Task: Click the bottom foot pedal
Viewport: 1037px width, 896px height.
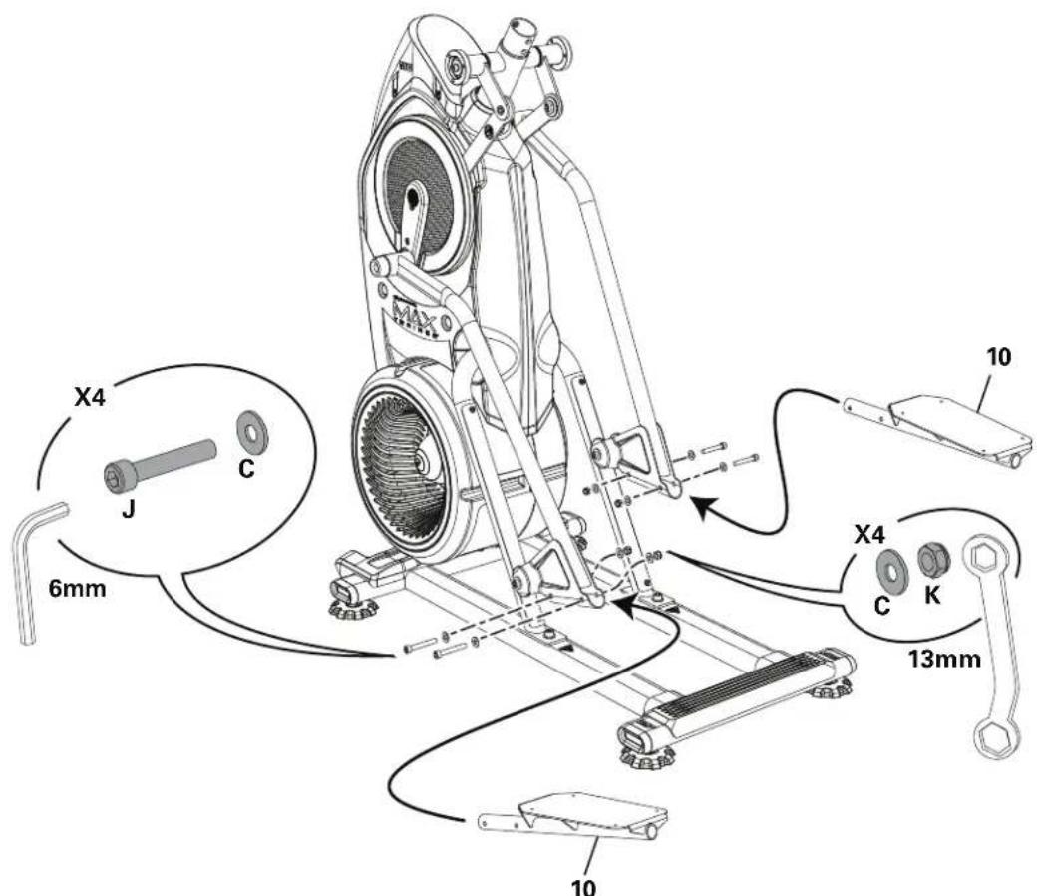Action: tap(588, 816)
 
